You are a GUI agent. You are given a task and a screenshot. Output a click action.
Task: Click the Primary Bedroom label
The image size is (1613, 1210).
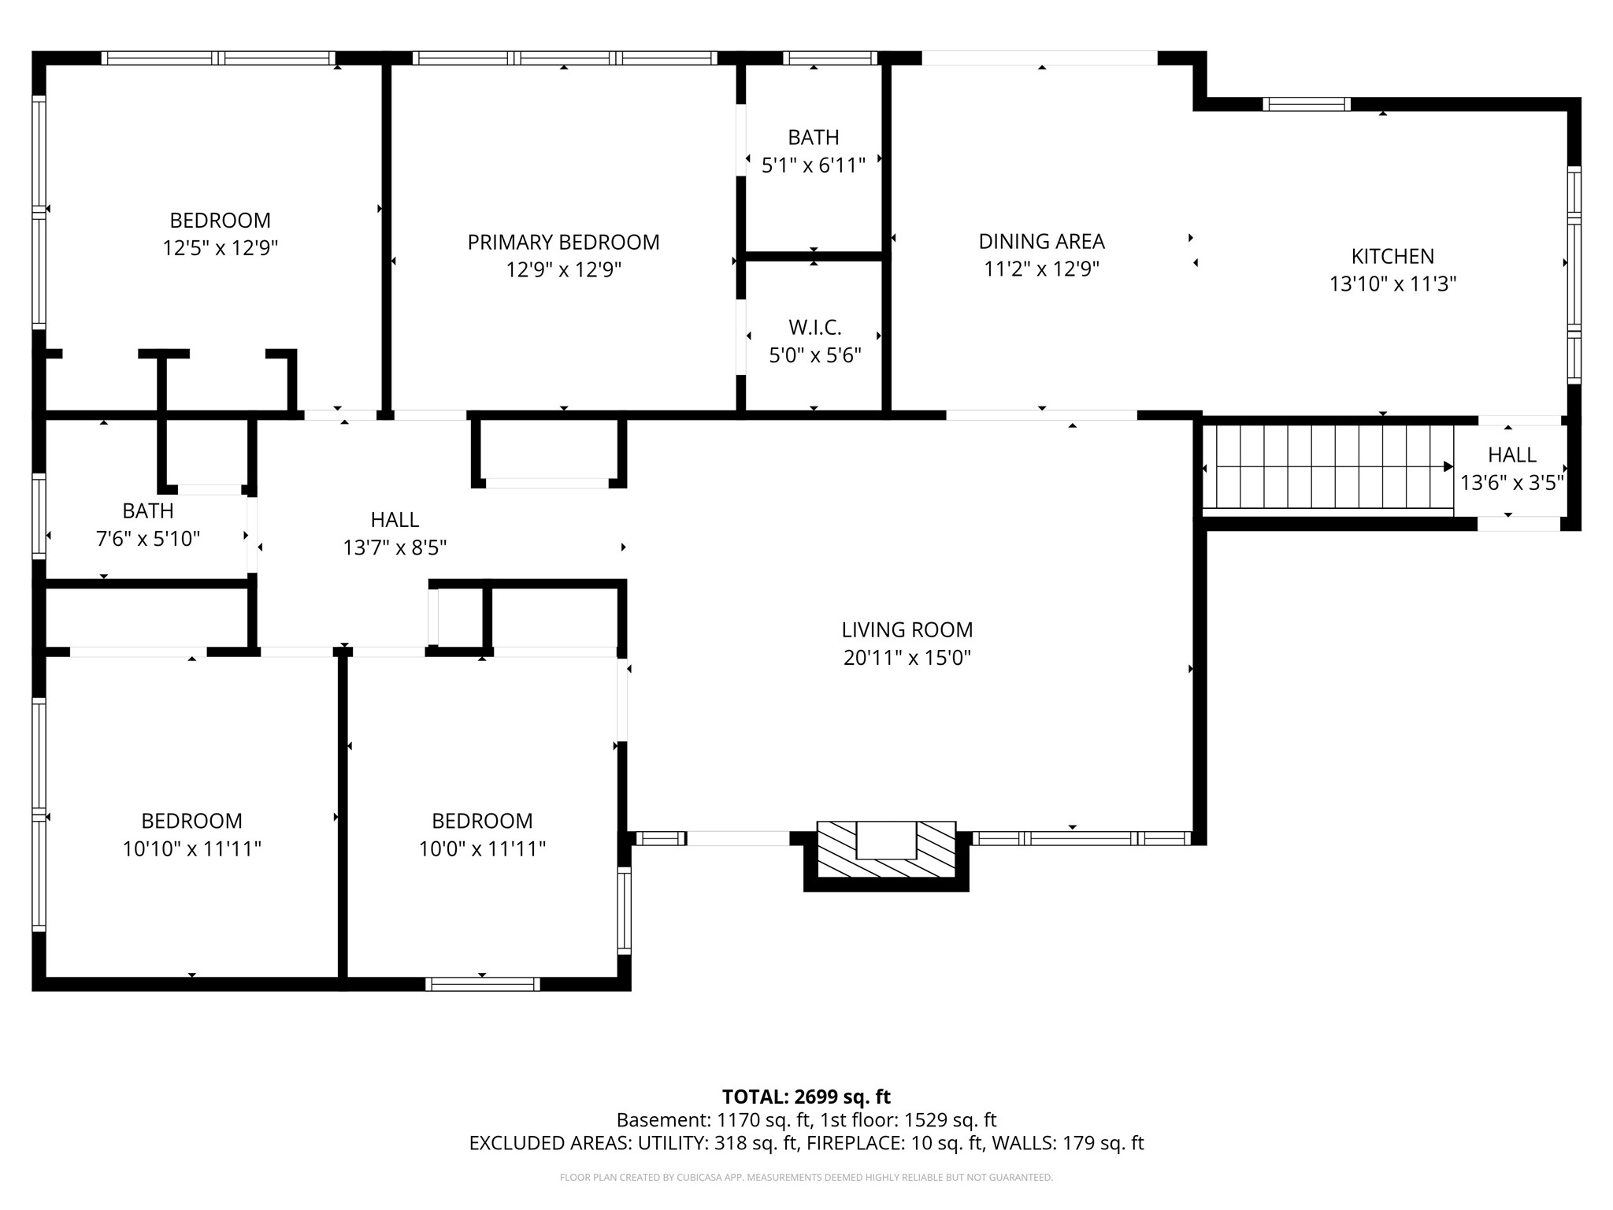point(563,242)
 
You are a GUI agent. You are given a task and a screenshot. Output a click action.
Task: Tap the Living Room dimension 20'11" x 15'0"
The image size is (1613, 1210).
point(907,658)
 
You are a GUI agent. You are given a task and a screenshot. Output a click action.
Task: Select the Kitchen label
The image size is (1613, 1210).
point(1392,256)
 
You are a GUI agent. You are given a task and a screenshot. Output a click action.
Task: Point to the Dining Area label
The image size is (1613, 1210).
point(1041,241)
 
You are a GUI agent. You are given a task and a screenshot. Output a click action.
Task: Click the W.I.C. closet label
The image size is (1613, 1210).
point(815,327)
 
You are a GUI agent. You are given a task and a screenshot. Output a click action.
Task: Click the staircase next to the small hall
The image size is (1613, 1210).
point(1328,467)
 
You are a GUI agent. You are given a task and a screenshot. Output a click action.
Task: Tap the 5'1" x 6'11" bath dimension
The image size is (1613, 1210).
point(814,165)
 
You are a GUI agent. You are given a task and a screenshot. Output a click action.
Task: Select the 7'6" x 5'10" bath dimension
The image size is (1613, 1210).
point(148,539)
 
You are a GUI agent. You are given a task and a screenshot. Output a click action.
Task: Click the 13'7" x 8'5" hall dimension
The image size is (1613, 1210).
point(395,547)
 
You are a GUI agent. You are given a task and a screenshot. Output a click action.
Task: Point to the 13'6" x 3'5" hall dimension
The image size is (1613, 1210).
point(1512,483)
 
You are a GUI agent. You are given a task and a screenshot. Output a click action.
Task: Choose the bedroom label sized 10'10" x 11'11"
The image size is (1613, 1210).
point(191,821)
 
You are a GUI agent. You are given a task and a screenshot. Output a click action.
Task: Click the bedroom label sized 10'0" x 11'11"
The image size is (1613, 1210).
point(482,821)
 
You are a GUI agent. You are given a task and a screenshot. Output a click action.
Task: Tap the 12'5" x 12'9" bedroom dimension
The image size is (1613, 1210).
point(221,248)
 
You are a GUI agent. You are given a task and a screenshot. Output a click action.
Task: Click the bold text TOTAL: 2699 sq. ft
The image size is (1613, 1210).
point(806,1097)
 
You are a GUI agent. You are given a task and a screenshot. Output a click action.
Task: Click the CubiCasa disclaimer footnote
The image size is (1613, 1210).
point(806,1178)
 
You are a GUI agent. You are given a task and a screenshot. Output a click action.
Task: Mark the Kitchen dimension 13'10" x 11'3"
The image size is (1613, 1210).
point(1392,284)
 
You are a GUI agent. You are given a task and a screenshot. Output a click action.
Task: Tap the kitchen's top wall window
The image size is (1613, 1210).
point(1307,104)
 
